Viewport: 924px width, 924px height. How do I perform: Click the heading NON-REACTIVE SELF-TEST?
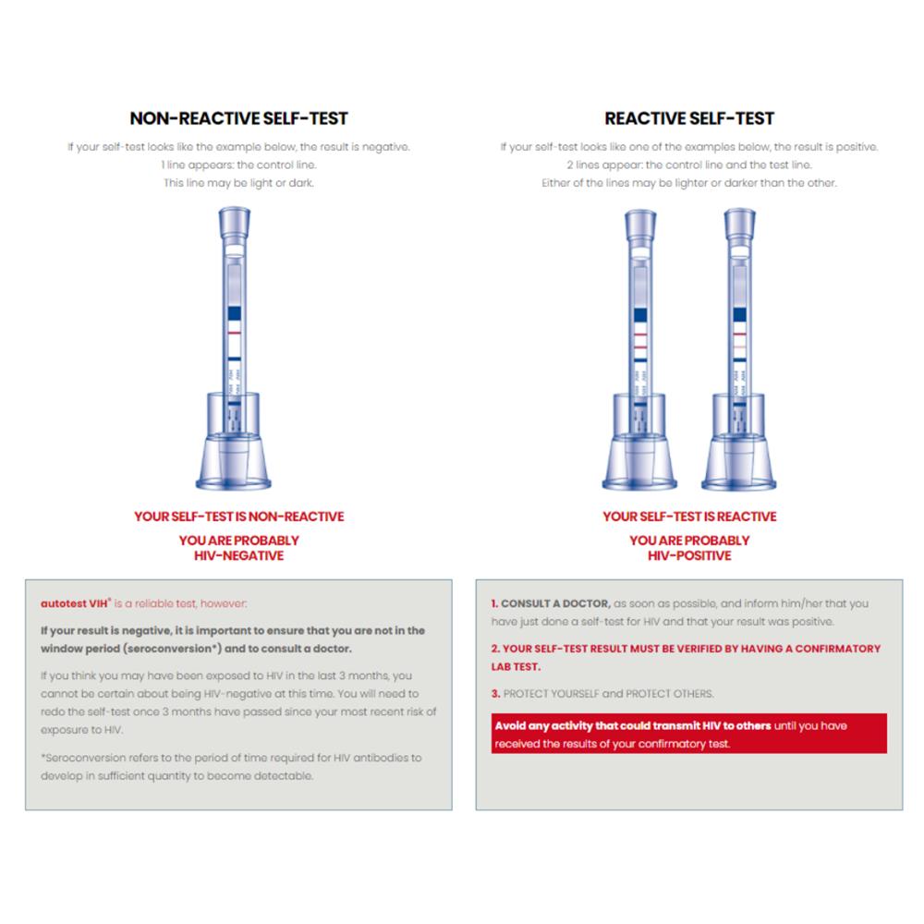pyautogui.click(x=238, y=118)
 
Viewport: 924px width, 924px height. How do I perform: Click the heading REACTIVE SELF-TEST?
pyautogui.click(x=689, y=118)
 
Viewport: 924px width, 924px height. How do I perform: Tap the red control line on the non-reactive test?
pyautogui.click(x=235, y=333)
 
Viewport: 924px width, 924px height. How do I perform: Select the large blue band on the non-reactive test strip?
pyautogui.click(x=235, y=313)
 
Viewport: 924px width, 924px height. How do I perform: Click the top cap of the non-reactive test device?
pyautogui.click(x=235, y=222)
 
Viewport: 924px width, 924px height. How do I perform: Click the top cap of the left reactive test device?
pyautogui.click(x=640, y=225)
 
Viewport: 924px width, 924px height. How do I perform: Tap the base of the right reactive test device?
pyautogui.click(x=739, y=463)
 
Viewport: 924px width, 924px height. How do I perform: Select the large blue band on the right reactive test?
pyautogui.click(x=739, y=315)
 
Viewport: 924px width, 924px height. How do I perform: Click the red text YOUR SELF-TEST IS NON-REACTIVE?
pyautogui.click(x=238, y=517)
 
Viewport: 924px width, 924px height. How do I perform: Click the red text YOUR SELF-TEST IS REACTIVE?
pyautogui.click(x=689, y=517)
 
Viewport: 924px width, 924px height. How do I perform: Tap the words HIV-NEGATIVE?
pyautogui.click(x=238, y=555)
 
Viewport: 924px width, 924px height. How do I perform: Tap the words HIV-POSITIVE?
pyautogui.click(x=689, y=555)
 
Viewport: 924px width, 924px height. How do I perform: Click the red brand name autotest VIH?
pyautogui.click(x=76, y=603)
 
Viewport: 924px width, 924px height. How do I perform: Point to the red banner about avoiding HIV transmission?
pyautogui.click(x=689, y=734)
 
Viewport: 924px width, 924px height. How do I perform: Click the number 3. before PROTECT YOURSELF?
pyautogui.click(x=495, y=694)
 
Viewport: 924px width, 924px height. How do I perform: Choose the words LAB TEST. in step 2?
pyautogui.click(x=516, y=666)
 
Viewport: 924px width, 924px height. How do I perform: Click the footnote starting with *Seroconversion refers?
pyautogui.click(x=231, y=767)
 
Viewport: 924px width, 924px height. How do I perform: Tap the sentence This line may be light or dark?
pyautogui.click(x=238, y=183)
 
